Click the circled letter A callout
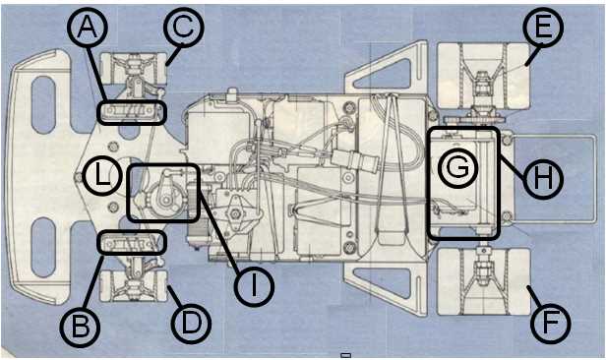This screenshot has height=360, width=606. coord(88,28)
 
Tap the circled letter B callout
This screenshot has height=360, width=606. coord(80,327)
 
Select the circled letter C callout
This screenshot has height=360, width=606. coord(183,27)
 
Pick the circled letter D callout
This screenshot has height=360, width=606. coord(191,324)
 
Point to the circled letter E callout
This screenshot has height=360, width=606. coord(543,27)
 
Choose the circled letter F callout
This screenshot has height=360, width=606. coord(550,324)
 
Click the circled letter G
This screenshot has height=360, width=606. coord(458,168)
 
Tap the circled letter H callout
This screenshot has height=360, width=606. coord(543,179)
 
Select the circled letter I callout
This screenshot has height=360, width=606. coord(254,286)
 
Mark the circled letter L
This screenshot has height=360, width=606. coord(101,175)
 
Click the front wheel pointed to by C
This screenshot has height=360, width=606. coord(134,69)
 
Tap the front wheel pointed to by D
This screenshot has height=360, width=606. coord(134,286)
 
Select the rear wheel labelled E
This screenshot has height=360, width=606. coord(483,76)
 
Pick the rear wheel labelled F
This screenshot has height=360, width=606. coord(483,281)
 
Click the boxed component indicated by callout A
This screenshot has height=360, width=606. coord(132,112)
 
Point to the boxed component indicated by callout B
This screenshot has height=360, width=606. coord(132,243)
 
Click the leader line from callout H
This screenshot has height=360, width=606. coord(513,166)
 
